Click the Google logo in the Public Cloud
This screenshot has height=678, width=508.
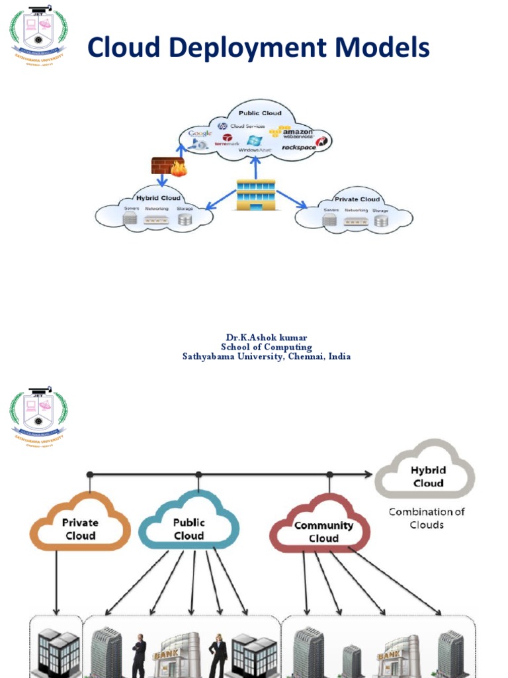(199, 133)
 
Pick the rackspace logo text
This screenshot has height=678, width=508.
(298, 147)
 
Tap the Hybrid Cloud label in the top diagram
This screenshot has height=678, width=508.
(158, 198)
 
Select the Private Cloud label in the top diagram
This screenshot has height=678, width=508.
(357, 199)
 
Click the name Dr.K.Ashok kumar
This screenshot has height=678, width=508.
(267, 338)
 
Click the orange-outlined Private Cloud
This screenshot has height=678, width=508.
(80, 528)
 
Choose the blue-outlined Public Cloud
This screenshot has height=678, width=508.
(189, 528)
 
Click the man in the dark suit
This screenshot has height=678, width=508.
(139, 656)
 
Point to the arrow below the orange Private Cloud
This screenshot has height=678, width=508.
(56, 583)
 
